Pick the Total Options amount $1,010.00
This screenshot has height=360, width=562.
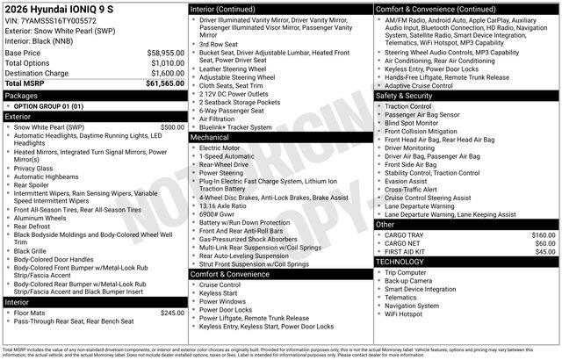pos(167,63)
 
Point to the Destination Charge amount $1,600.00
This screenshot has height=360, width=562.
pos(167,74)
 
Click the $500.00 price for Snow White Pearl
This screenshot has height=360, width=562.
pos(172,126)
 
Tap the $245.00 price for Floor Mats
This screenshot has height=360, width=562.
pos(172,313)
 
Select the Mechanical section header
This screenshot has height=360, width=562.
pos(211,137)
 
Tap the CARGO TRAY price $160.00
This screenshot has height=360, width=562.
pos(544,235)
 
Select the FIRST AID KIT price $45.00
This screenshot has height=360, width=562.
pos(545,252)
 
